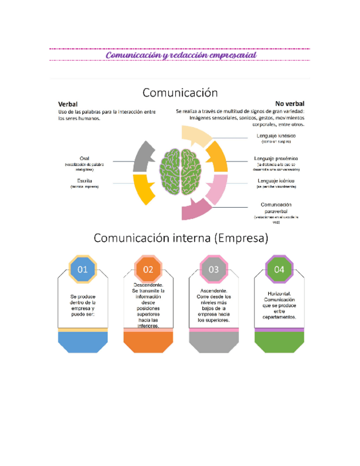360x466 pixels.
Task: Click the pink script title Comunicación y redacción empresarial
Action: tap(181, 56)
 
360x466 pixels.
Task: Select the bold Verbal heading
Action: tap(68, 104)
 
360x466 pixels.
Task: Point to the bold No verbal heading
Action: tap(290, 103)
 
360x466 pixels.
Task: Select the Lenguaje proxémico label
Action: tap(276, 158)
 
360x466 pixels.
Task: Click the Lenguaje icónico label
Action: tap(275, 181)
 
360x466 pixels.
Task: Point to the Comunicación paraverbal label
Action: tap(276, 207)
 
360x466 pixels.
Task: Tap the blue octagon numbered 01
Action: tap(82, 269)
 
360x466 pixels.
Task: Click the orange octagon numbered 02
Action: tap(148, 269)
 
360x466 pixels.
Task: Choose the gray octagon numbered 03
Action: tap(213, 269)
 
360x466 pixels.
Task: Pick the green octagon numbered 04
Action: tap(279, 269)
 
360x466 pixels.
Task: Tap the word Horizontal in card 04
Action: tap(279, 294)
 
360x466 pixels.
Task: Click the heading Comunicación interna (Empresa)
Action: tap(181, 238)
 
